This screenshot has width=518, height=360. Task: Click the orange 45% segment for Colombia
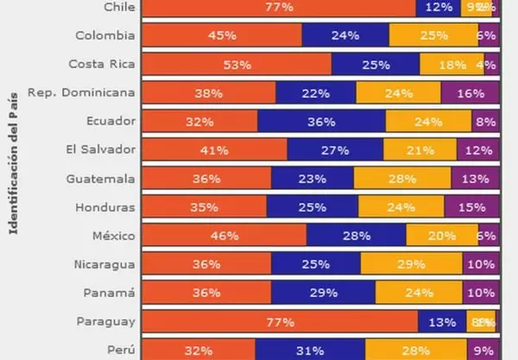coord(221,35)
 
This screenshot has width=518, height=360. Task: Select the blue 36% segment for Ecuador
coord(321,121)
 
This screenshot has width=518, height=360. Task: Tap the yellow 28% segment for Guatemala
coord(407,178)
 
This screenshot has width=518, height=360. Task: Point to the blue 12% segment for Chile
coord(439,7)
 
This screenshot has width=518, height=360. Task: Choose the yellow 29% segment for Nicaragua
coord(411,263)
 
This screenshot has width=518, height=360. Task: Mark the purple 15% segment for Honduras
coord(471,206)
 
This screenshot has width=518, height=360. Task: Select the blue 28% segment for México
coord(356,235)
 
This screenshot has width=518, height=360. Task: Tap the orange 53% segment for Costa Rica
coord(236,64)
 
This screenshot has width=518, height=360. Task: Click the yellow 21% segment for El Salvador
coord(420,149)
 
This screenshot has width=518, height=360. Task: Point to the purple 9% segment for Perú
coord(482,350)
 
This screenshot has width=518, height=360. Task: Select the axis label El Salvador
coord(101,149)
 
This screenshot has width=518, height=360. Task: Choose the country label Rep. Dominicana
coord(82,92)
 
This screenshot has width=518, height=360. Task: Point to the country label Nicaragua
coord(104,263)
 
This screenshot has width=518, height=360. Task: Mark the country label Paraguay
coord(106,321)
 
